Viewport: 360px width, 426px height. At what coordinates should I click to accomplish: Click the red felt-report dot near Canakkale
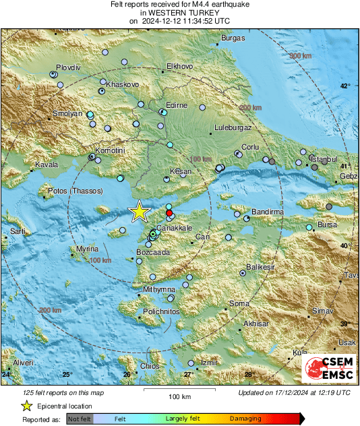pos(169,212)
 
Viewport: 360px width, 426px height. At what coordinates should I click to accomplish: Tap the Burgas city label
pos(233,38)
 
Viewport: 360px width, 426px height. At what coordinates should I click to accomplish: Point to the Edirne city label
pos(177,105)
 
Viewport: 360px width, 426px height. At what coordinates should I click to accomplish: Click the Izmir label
pos(208,363)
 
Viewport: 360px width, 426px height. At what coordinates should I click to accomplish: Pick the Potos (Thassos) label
pos(74,191)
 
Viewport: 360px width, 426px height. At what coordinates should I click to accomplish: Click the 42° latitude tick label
pos(344,86)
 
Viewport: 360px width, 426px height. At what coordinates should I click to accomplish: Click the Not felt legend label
pos(80,419)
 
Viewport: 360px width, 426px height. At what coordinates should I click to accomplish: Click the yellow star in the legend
pos(27,406)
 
